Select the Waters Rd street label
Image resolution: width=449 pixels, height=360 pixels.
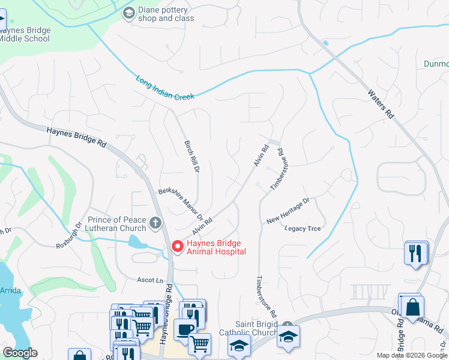pyautogui.click(x=381, y=103)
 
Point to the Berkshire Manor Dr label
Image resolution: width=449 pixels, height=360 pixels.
pyautogui.click(x=181, y=205)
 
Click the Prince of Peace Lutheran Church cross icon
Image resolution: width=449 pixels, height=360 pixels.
pyautogui.click(x=155, y=224)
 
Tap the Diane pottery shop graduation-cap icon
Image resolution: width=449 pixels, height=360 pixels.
pyautogui.click(x=128, y=13)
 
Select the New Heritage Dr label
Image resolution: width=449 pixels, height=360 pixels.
pyautogui.click(x=288, y=211)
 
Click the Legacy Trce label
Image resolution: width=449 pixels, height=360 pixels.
pyautogui.click(x=303, y=229)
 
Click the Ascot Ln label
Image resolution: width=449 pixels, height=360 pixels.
pyautogui.click(x=150, y=280)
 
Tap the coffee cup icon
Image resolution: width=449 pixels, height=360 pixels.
pyautogui.click(x=184, y=329)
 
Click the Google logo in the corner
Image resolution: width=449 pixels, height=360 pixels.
pyautogui.click(x=20, y=353)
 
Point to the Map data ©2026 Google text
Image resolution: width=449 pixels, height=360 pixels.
pyautogui.click(x=411, y=355)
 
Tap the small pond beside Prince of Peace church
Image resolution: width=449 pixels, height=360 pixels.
pyautogui.click(x=137, y=242)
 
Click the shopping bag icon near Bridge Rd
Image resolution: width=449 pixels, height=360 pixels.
pyautogui.click(x=414, y=307)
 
